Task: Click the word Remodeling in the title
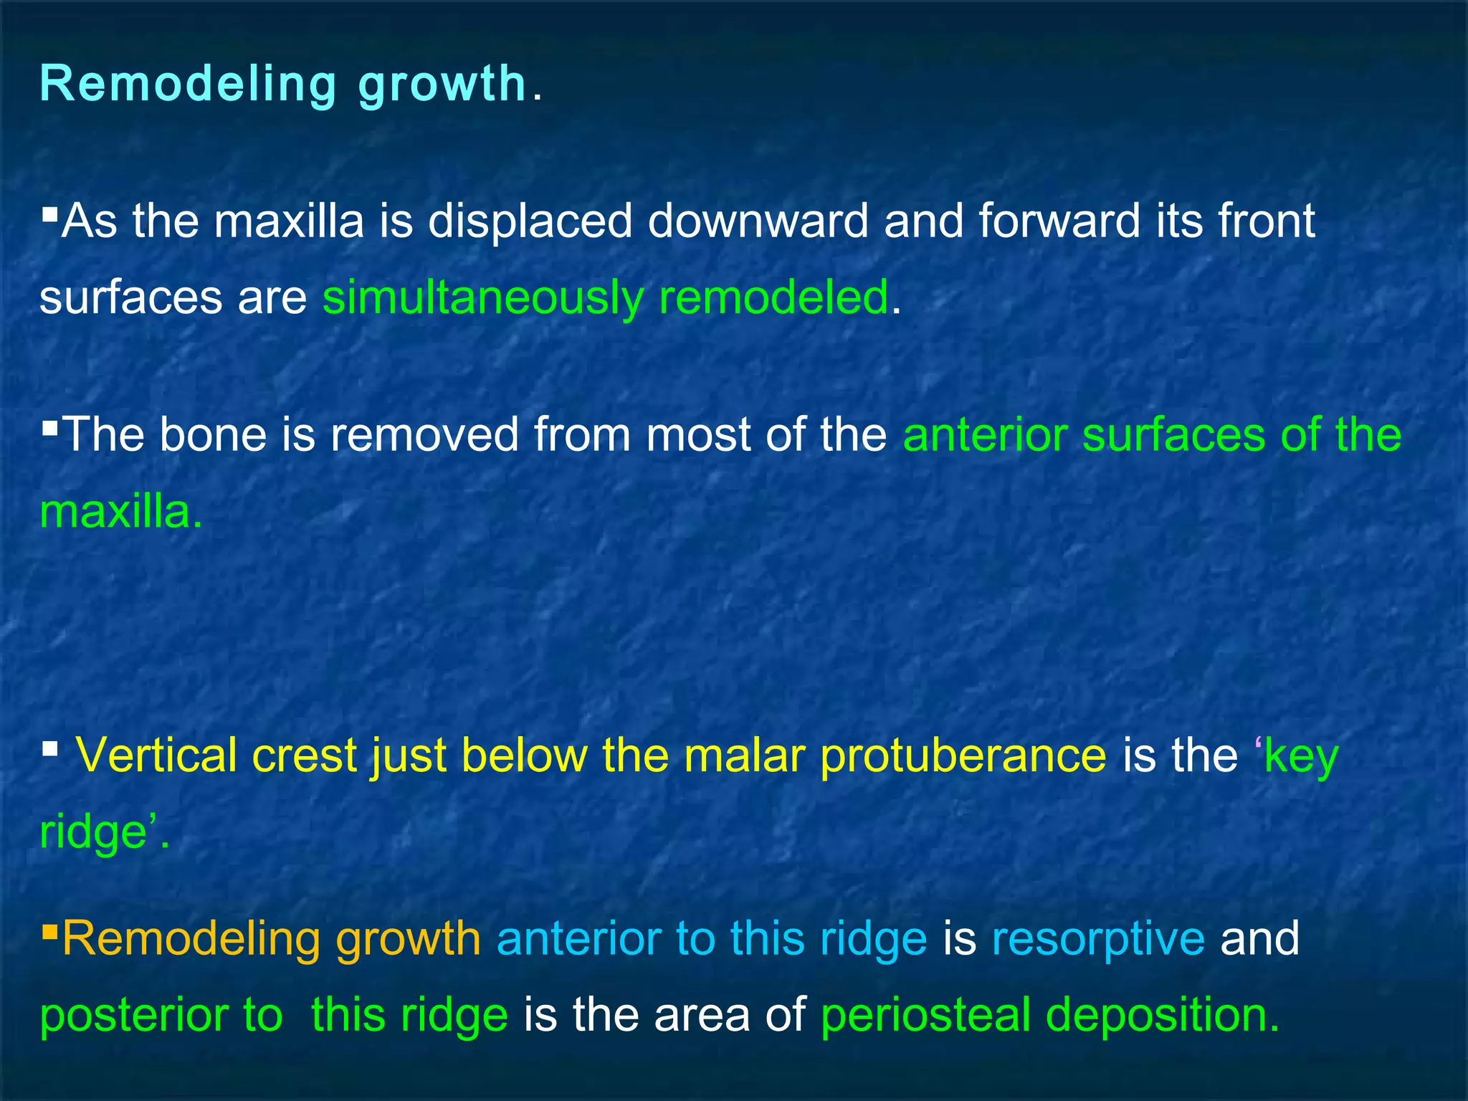tap(189, 85)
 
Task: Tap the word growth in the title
tap(443, 85)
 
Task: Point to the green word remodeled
tap(773, 297)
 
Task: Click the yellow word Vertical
tap(156, 756)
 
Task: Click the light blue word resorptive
tap(1098, 940)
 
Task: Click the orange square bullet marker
tap(49, 932)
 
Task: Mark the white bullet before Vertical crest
tap(49, 750)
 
